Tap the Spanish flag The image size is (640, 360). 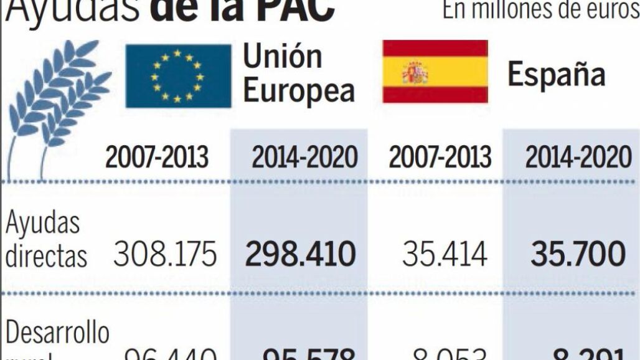[x=435, y=72]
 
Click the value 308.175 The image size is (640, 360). [x=165, y=254]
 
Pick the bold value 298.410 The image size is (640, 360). [x=301, y=254]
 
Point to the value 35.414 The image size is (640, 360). [x=445, y=254]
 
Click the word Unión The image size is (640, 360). [x=282, y=57]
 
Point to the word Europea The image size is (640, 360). [x=299, y=91]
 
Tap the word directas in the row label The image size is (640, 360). [x=46, y=255]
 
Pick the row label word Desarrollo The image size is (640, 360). [x=57, y=333]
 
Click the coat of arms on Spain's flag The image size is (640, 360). [x=415, y=72]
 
